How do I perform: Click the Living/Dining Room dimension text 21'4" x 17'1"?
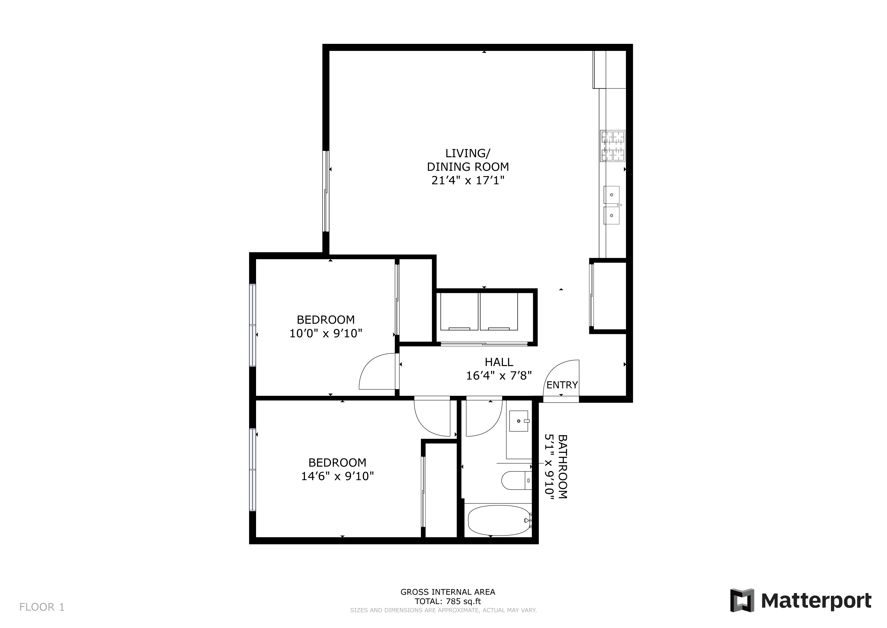pos(468,181)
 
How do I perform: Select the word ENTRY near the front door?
pos(562,385)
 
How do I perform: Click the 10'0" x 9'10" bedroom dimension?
pos(326,333)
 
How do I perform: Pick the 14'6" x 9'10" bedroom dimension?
pos(337,476)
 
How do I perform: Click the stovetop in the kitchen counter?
pos(613,146)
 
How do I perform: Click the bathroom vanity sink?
pos(519,421)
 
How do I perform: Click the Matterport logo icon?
pos(742,600)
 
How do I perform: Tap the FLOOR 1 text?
pos(42,607)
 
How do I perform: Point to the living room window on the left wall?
pos(326,191)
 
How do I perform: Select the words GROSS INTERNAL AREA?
pos(448,592)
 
